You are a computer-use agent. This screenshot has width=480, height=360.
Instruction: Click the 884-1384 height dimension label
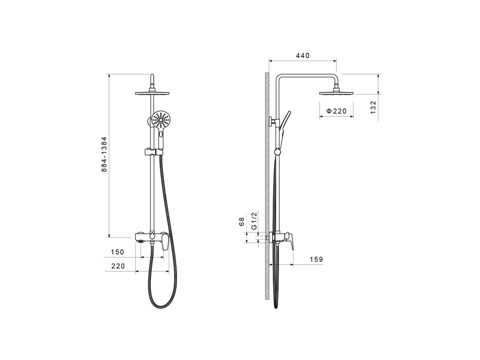[104, 154]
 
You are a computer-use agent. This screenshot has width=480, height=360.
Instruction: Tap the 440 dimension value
[303, 56]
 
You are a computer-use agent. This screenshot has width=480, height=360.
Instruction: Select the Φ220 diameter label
[337, 111]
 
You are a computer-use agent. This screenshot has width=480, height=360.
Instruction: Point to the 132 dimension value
[373, 107]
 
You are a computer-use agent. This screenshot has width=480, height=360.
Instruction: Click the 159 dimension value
[316, 260]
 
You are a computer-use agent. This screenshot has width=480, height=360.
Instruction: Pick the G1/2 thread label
[254, 220]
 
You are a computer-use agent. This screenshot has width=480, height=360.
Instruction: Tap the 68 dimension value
[242, 222]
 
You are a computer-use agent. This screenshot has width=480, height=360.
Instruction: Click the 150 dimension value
[117, 252]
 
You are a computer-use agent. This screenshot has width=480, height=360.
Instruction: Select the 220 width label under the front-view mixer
[118, 266]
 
